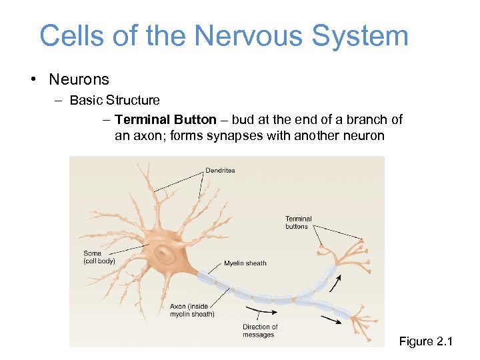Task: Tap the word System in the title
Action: [x=359, y=35]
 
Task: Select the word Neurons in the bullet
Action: [x=79, y=79]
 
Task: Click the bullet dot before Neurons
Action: [x=33, y=80]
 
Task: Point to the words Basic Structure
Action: [x=115, y=101]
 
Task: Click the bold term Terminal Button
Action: [x=165, y=120]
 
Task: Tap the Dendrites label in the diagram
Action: [x=220, y=171]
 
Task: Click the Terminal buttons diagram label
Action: [x=298, y=223]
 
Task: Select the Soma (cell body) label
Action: [x=99, y=257]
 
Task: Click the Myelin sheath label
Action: [x=245, y=263]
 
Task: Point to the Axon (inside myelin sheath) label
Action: [x=192, y=311]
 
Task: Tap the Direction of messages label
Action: [x=260, y=331]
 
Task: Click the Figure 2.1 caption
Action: [x=425, y=342]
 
